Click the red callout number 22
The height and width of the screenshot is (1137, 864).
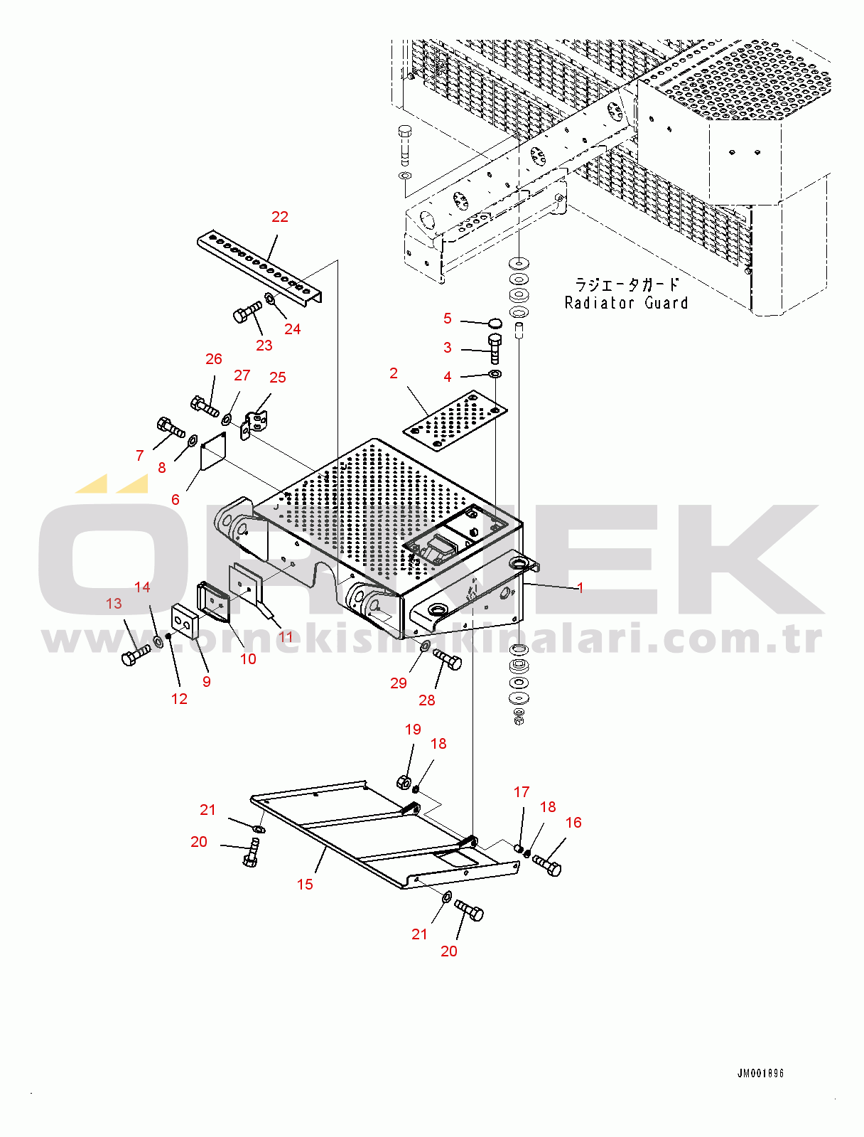click(x=280, y=217)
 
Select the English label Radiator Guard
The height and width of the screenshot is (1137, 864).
click(x=626, y=302)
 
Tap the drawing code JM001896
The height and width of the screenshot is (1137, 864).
click(x=760, y=1073)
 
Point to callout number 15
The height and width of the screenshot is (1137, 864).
click(x=305, y=884)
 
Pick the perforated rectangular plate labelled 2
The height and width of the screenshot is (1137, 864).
click(x=455, y=421)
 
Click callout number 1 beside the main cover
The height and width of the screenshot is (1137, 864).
click(x=580, y=587)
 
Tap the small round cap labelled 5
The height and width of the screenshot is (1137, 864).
click(x=495, y=324)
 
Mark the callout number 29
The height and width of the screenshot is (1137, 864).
click(x=399, y=683)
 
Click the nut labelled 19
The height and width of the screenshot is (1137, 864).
click(x=404, y=781)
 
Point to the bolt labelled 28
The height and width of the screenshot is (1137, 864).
click(x=446, y=659)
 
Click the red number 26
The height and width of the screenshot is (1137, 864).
click(x=214, y=358)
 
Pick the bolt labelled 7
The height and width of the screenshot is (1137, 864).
click(x=171, y=427)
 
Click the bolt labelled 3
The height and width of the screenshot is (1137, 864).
click(x=494, y=350)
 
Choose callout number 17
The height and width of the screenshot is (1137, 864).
click(x=522, y=791)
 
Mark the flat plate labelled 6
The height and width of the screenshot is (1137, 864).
click(x=213, y=451)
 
